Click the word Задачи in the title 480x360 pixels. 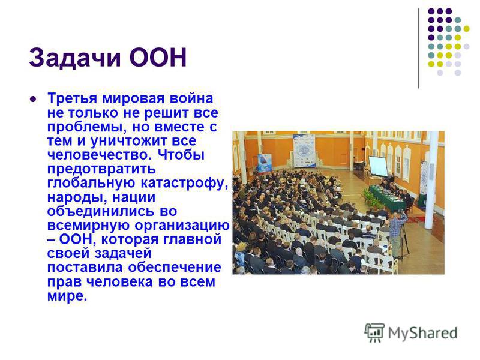click(x=75, y=57)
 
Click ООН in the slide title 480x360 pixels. click(x=158, y=57)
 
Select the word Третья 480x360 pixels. click(x=73, y=98)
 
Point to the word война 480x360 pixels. click(x=191, y=98)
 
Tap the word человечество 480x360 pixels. click(x=100, y=155)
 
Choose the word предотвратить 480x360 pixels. click(x=101, y=169)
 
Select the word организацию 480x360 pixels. click(x=182, y=226)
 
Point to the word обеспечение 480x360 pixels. click(x=175, y=267)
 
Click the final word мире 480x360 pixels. click(x=67, y=296)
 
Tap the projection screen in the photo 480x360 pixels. click(x=378, y=166)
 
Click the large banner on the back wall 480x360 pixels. click(x=304, y=151)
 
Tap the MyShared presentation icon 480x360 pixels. click(x=374, y=332)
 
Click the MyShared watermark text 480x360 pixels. click(x=422, y=334)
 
